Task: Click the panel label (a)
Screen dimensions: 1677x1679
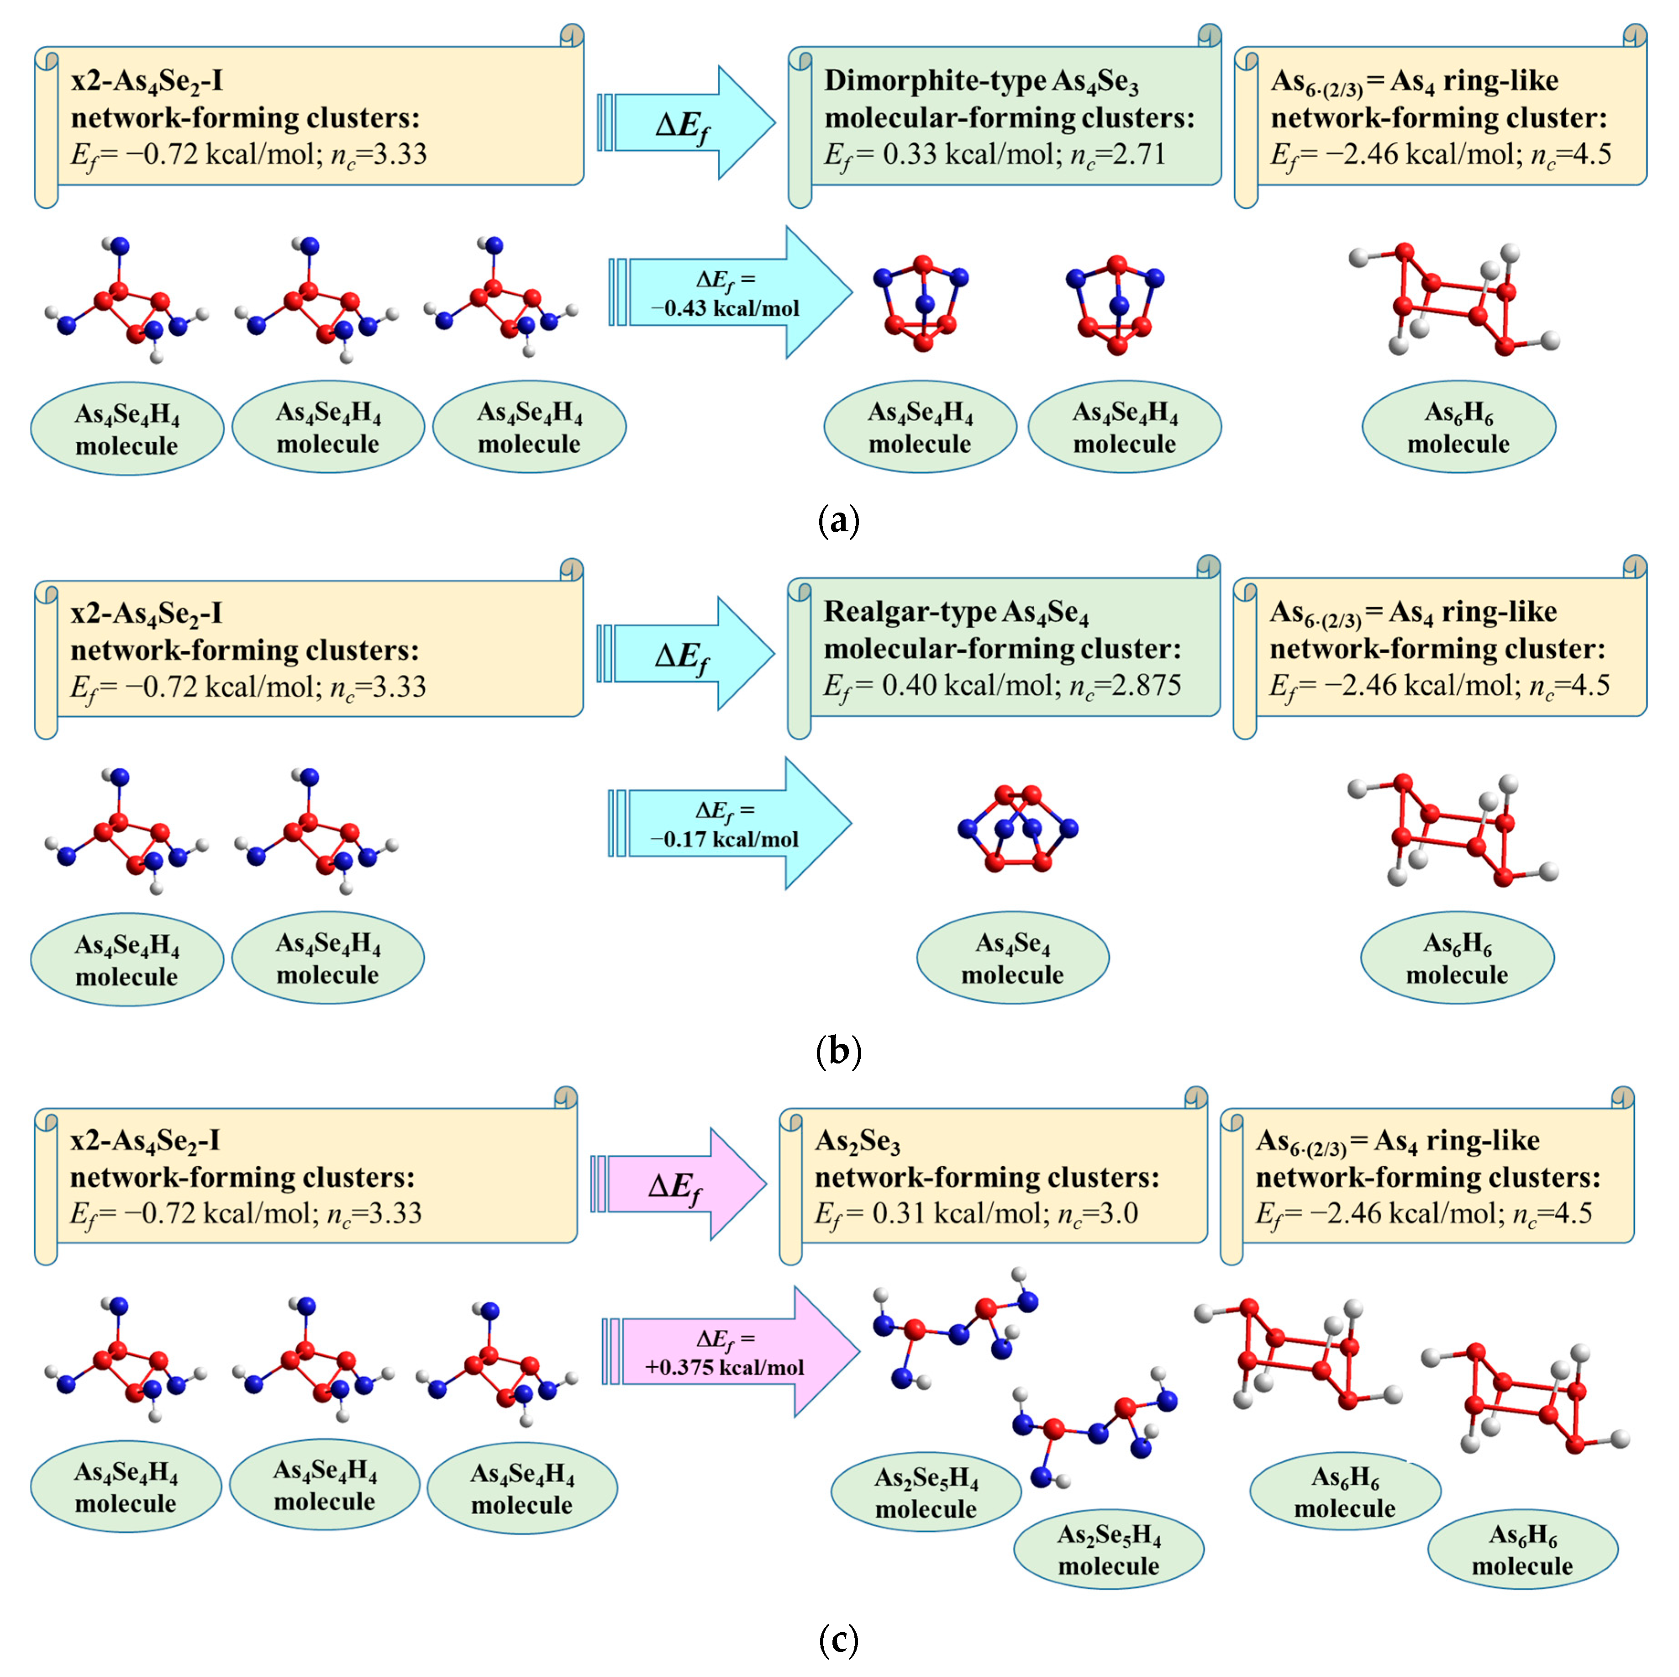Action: (x=839, y=521)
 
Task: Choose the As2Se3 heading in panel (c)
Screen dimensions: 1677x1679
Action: (x=857, y=1142)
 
